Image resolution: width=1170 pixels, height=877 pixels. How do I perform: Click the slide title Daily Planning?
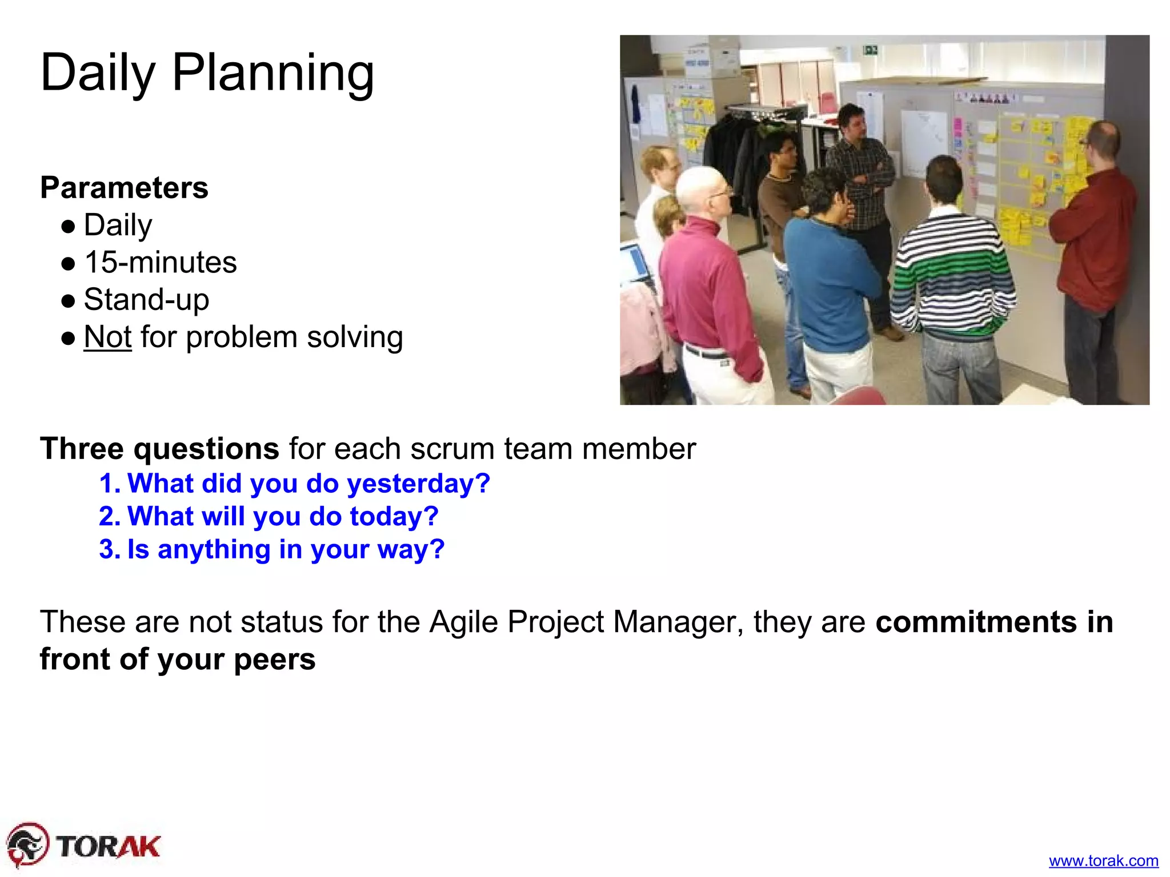click(207, 73)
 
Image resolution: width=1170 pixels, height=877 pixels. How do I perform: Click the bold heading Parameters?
click(124, 188)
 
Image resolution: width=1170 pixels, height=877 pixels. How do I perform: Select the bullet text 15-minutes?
click(160, 263)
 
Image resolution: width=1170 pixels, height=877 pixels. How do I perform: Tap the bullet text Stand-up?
click(146, 300)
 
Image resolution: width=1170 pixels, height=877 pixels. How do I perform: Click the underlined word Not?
click(107, 337)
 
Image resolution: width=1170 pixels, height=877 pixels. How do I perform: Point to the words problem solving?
click(294, 337)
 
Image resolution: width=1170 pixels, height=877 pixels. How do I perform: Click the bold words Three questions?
click(159, 448)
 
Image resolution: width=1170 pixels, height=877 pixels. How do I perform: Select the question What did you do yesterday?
click(308, 484)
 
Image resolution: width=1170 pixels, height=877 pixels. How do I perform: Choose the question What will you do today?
click(283, 516)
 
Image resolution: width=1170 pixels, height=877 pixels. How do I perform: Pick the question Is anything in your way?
click(286, 549)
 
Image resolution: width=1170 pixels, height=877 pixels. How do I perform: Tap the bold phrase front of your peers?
click(177, 659)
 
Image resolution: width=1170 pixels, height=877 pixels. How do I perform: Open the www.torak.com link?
click(1103, 860)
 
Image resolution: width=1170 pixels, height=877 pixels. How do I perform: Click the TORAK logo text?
click(109, 846)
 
